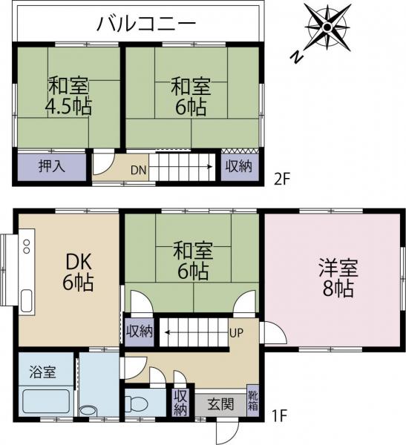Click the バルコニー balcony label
coord(146,24)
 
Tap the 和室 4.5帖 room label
coord(69,96)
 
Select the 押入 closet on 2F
coord(52,166)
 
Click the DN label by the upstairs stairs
coord(139,170)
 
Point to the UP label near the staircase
coord(236,332)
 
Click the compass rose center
coord(327,27)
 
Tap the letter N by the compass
coord(297,56)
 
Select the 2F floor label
coord(282,179)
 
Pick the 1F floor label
coord(280,416)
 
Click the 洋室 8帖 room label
coord(338,277)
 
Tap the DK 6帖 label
coord(79,272)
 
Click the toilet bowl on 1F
coord(137,403)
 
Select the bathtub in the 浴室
coord(46,401)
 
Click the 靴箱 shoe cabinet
coord(253,400)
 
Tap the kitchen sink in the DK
coord(27,301)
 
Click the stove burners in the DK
coord(27,246)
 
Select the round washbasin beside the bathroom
coord(88,410)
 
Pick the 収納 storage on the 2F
coord(240,166)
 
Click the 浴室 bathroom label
coord(42,372)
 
